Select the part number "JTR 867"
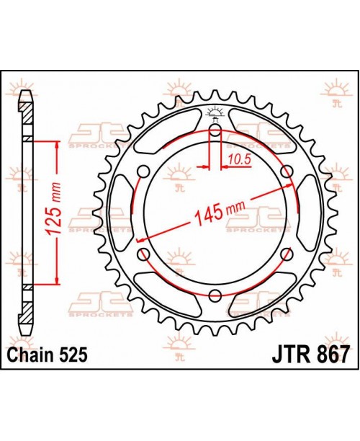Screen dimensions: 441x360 click(x=312, y=355)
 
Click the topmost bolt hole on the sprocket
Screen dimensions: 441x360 click(x=215, y=130)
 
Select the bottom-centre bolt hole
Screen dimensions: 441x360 click(x=215, y=294)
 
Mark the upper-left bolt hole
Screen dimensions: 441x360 click(x=143, y=171)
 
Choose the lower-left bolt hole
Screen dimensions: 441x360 click(x=143, y=253)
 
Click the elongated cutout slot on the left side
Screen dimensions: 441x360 click(x=119, y=213)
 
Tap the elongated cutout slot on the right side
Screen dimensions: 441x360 click(x=310, y=213)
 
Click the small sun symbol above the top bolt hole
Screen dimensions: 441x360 click(x=214, y=112)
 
